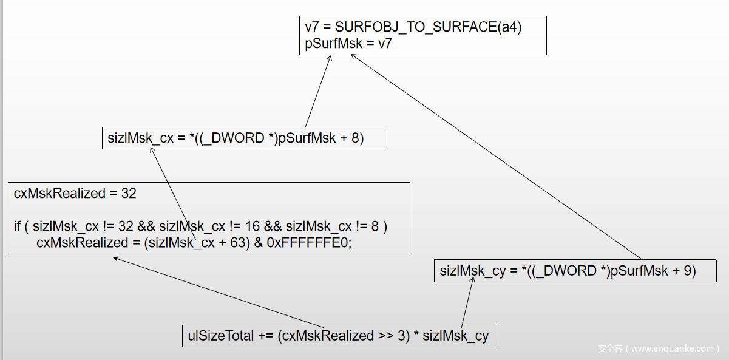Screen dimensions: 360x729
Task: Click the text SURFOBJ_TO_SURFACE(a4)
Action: click(x=428, y=28)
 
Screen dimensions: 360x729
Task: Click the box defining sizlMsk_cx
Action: click(x=242, y=138)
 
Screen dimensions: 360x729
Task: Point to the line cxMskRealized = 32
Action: click(x=75, y=194)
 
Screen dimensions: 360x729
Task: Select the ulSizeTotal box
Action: click(x=339, y=336)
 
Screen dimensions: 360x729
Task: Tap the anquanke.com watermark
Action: click(x=658, y=348)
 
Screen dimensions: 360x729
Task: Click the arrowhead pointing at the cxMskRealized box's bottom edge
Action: click(x=115, y=258)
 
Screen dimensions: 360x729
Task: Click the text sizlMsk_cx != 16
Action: click(x=209, y=226)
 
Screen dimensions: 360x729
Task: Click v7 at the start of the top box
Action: click(x=312, y=28)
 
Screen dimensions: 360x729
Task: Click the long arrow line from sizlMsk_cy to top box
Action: click(x=498, y=158)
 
